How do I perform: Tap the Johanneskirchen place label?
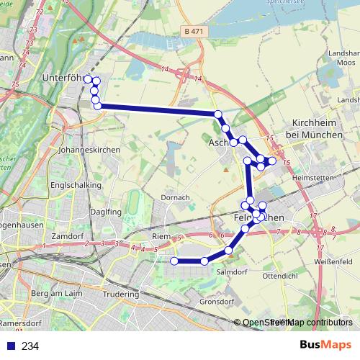[x=86, y=150]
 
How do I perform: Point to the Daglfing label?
[x=107, y=212]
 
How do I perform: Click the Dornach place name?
[x=175, y=197]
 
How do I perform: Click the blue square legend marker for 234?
[x=11, y=346]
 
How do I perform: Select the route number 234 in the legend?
[x=30, y=346]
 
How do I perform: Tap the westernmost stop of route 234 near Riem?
[x=174, y=261]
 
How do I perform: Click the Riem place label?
[x=161, y=235]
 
